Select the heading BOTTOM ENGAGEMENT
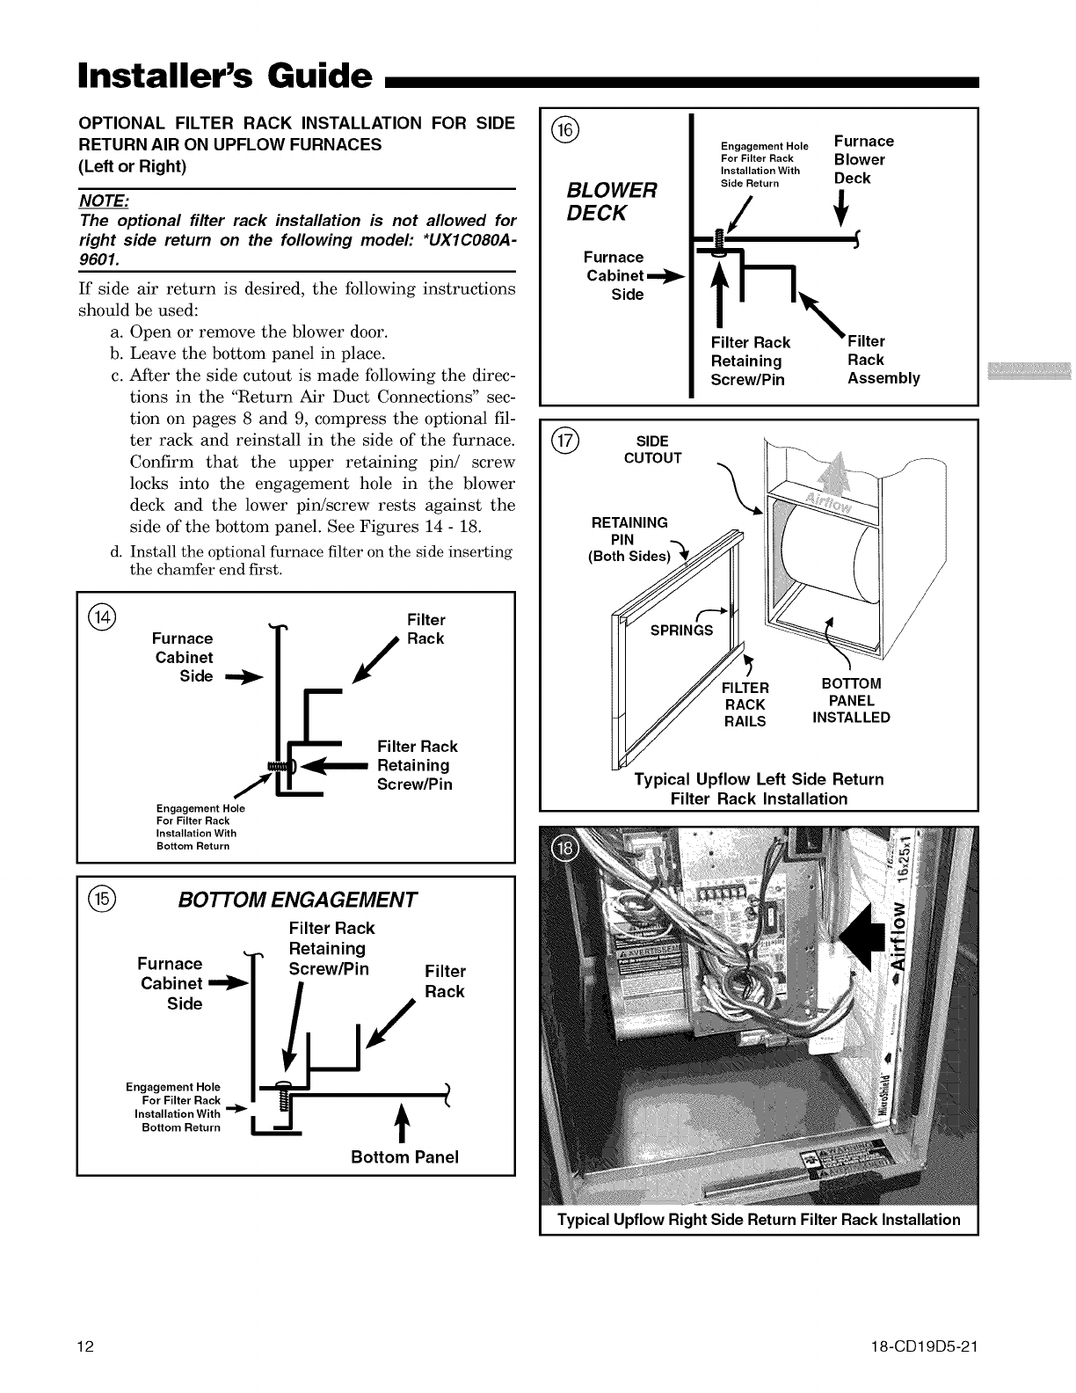296,900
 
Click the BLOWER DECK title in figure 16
612,201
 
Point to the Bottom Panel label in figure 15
404,1156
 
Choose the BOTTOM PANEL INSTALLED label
851,700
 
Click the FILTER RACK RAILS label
745,704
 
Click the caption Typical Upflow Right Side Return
759,1220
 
